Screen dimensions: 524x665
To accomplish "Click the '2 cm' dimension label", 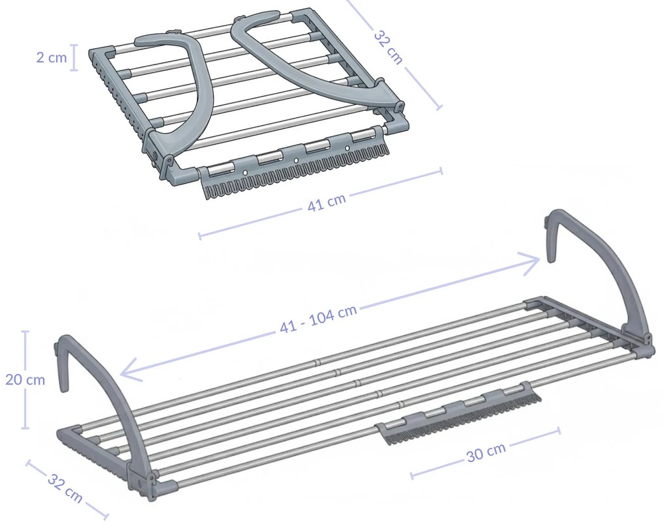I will pyautogui.click(x=51, y=57).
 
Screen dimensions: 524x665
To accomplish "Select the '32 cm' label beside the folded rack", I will pyautogui.click(x=389, y=46).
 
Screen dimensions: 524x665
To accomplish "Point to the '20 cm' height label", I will pyautogui.click(x=25, y=380).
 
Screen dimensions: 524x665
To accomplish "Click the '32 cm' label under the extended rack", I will pyautogui.click(x=65, y=488).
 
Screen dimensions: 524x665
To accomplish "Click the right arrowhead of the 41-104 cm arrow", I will pyautogui.click(x=531, y=261).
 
